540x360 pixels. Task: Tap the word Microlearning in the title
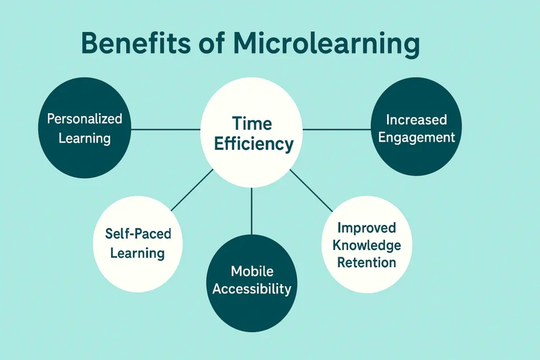[x=326, y=45]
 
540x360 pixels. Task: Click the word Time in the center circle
[x=252, y=124]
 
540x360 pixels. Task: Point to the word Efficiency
[x=254, y=144]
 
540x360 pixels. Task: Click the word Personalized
[x=84, y=119]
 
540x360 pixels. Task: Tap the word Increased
[x=416, y=120]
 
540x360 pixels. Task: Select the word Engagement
[x=417, y=138]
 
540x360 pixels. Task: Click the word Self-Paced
[x=138, y=233]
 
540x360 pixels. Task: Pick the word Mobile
[x=252, y=271]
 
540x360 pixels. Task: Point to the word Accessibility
[x=252, y=289]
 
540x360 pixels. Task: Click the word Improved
[x=367, y=228]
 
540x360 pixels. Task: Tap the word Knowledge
[x=367, y=245]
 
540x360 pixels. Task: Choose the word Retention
[x=367, y=262]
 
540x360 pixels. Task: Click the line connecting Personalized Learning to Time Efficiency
[x=166, y=129]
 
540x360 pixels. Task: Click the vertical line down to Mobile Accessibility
[x=252, y=211]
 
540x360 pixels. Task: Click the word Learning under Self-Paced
[x=138, y=252]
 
